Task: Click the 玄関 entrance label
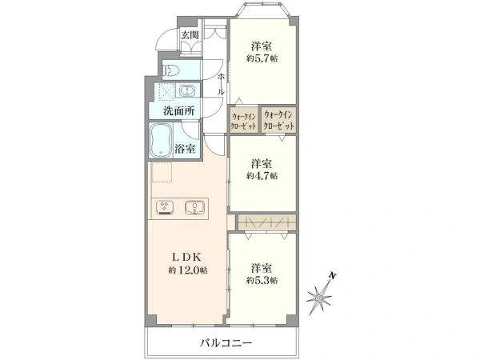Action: tap(189, 34)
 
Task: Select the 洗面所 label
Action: tap(178, 110)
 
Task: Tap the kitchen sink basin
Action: tap(194, 207)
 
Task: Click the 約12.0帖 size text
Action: tap(188, 271)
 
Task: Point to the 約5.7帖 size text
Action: tap(262, 59)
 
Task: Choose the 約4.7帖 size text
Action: tap(262, 175)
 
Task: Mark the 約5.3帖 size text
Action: tap(262, 280)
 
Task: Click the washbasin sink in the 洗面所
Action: tap(186, 90)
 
